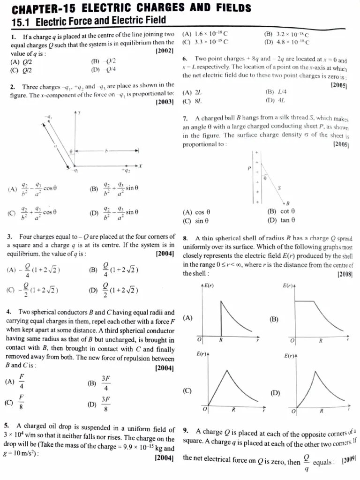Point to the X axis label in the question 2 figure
click(140, 166)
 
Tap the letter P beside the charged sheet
click(249, 168)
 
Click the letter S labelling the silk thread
click(279, 187)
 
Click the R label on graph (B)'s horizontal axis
click(321, 341)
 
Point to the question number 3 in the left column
click(9, 237)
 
